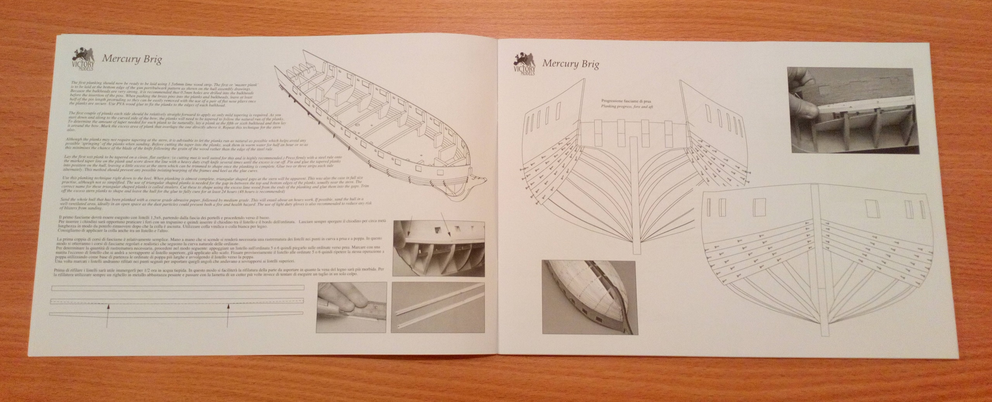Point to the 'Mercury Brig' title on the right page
(x=570, y=64)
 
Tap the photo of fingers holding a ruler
(x=352, y=313)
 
